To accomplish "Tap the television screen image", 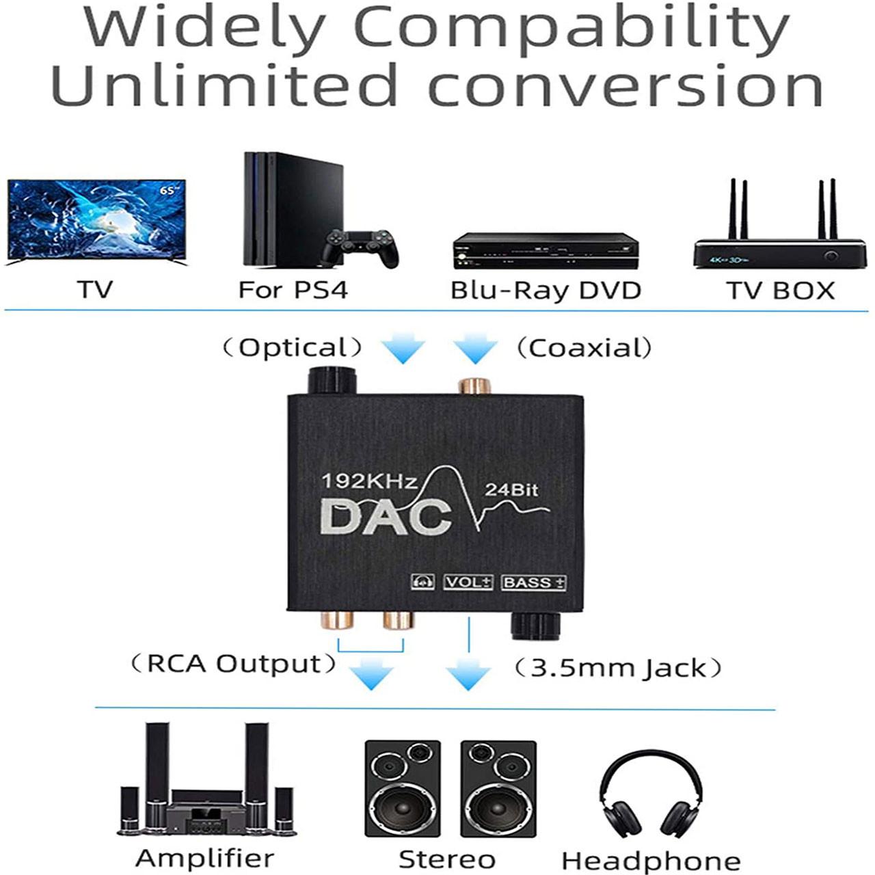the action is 96,220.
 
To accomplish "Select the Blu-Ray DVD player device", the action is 545,251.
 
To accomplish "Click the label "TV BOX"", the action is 780,291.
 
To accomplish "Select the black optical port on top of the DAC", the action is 332,381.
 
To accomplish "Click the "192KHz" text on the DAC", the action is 369,481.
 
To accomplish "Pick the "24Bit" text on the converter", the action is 511,489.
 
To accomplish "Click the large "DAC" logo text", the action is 386,517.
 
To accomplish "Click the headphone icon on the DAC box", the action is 423,582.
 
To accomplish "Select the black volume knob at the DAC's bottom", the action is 535,625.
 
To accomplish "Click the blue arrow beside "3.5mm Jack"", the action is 468,675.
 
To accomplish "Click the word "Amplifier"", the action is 204,858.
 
